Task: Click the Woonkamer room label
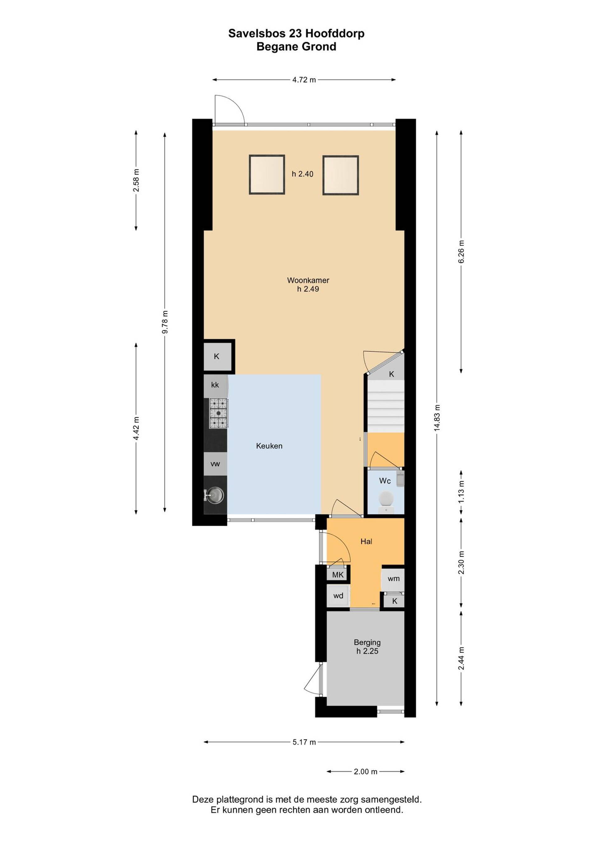click(308, 280)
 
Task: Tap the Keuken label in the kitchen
click(269, 446)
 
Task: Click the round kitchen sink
click(215, 495)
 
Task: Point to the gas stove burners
click(218, 413)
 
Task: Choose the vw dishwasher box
click(215, 464)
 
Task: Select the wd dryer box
click(338, 596)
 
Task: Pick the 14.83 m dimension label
click(437, 417)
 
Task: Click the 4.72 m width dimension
click(304, 80)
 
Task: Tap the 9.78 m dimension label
click(165, 322)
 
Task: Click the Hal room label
click(366, 542)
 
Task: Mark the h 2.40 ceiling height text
click(303, 174)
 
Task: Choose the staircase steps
click(386, 406)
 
